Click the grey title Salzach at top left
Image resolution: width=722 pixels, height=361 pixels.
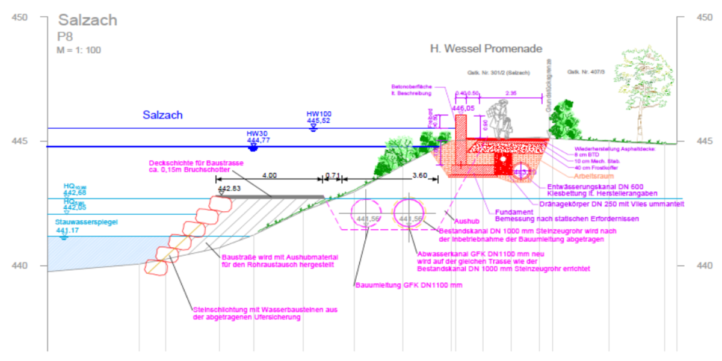(87, 20)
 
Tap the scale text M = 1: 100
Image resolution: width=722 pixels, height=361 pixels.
(79, 50)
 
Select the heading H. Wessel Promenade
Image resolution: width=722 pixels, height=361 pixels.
(486, 49)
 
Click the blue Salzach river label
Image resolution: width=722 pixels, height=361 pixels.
(162, 115)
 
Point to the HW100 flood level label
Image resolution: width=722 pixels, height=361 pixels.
(319, 114)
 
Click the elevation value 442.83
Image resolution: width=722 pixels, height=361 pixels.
(229, 189)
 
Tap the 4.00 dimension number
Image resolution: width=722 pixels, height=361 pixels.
(270, 176)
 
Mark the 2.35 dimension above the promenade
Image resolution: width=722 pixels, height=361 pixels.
(512, 93)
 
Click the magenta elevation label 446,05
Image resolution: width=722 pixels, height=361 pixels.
(463, 108)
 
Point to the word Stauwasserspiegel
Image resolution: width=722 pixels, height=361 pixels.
(87, 222)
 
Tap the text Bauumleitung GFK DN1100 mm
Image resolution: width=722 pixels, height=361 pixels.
(409, 285)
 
